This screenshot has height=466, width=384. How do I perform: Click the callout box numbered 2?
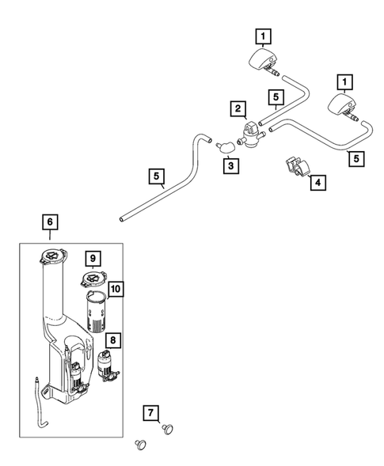click(x=236, y=106)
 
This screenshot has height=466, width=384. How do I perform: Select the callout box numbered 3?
click(x=230, y=166)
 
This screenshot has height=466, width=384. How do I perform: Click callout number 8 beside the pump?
click(x=115, y=340)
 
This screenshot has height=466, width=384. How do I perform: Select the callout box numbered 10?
click(x=115, y=290)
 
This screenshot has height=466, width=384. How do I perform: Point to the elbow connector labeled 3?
click(x=226, y=146)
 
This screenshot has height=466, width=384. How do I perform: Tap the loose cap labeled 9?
click(x=93, y=278)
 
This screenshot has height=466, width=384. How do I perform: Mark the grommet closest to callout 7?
click(x=168, y=429)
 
